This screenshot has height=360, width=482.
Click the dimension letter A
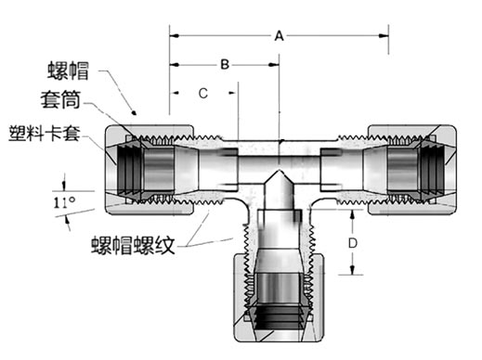coord(279,36)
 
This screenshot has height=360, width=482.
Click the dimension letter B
coord(225,65)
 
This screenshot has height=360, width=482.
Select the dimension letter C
coord(203,93)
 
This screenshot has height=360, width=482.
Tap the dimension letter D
coord(353,243)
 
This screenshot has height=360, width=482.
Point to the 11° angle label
coord(64,202)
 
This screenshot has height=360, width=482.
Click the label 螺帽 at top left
coord(68,71)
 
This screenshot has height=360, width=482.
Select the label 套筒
coord(60,99)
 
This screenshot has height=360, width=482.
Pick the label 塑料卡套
coord(45,134)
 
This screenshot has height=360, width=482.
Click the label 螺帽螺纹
coord(133,245)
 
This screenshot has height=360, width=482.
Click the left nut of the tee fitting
coord(150,170)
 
